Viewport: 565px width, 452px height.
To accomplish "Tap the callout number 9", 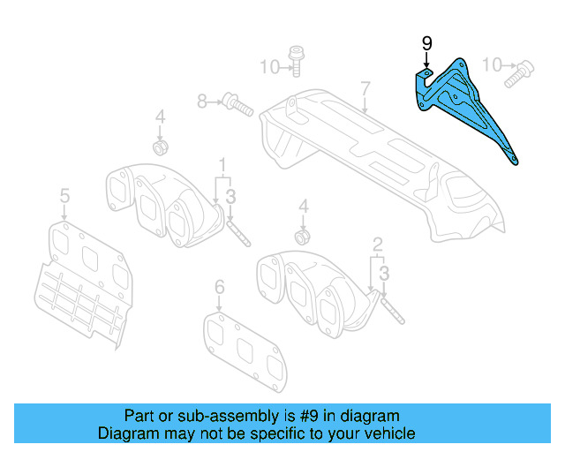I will (x=426, y=43).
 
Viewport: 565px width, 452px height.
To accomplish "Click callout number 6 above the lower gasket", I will (x=220, y=286).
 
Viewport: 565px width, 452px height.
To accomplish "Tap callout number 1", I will (x=222, y=164).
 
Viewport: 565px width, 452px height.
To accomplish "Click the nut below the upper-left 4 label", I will (x=161, y=145).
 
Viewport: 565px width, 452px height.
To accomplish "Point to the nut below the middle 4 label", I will (x=303, y=237).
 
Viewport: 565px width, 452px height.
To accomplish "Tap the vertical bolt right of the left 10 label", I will (x=296, y=61).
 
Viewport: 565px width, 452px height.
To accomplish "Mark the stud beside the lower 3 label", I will (x=392, y=311).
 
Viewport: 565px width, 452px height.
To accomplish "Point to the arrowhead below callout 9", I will (x=426, y=67).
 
